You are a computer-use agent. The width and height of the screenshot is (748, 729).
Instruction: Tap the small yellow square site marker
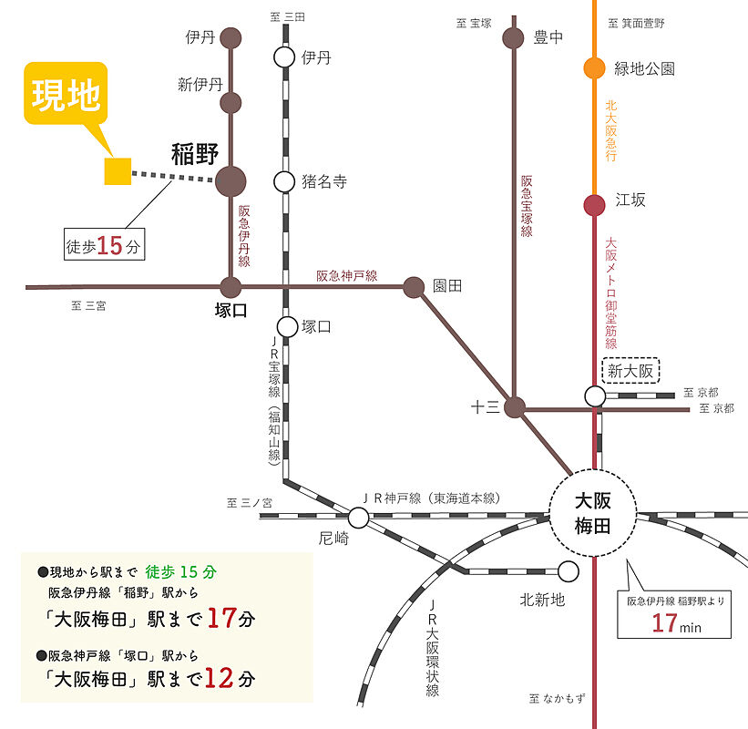(118, 171)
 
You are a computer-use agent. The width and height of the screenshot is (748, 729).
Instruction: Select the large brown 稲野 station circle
(231, 180)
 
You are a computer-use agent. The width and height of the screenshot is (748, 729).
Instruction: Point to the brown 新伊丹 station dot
(231, 102)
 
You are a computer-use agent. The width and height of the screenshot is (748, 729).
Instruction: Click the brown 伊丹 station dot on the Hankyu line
(231, 37)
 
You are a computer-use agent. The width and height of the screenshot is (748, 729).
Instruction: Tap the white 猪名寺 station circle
(286, 180)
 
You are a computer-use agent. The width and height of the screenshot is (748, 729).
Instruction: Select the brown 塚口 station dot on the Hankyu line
(231, 287)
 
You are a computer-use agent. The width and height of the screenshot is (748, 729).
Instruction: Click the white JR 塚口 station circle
(287, 326)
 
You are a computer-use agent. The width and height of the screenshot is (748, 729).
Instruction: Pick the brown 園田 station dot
(414, 287)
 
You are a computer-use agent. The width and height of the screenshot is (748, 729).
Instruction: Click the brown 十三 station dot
(516, 407)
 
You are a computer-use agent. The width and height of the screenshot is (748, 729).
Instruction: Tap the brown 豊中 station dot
(514, 37)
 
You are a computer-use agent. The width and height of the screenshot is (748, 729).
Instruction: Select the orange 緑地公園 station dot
(594, 67)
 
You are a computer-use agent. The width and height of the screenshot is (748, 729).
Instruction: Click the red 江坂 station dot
(594, 205)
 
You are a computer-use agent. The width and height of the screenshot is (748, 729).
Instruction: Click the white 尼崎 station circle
(358, 518)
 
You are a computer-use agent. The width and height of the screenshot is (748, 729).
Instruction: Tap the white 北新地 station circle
(569, 572)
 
